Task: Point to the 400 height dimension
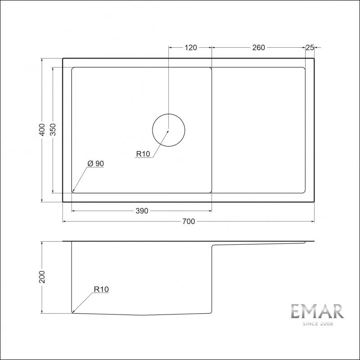pyautogui.click(x=42, y=130)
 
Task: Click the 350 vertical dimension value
pyautogui.click(x=53, y=130)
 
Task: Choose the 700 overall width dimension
pyautogui.click(x=189, y=221)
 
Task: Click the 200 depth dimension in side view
pyautogui.click(x=42, y=277)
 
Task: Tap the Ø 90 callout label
pyautogui.click(x=96, y=164)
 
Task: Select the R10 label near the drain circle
pyautogui.click(x=143, y=154)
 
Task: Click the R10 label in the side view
pyautogui.click(x=101, y=290)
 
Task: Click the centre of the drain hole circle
pyautogui.click(x=168, y=130)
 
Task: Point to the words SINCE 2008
pyautogui.click(x=317, y=324)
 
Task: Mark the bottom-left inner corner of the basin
pyautogui.click(x=73, y=192)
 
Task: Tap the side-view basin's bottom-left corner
pyautogui.click(x=72, y=312)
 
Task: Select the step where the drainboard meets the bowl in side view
pyautogui.click(x=212, y=246)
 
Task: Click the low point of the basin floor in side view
pyautogui.click(x=143, y=315)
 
